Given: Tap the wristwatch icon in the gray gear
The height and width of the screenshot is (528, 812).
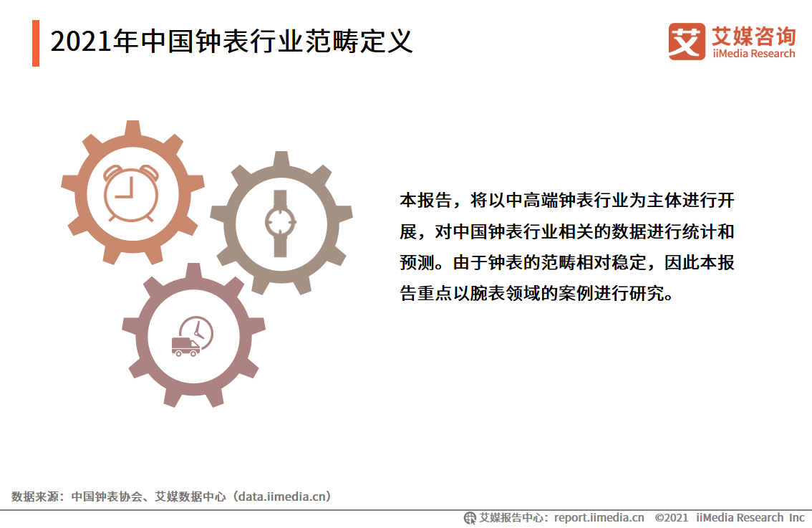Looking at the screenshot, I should [280, 223].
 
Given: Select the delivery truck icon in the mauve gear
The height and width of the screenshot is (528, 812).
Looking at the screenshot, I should [185, 346].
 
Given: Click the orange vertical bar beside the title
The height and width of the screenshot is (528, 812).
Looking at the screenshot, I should [35, 43].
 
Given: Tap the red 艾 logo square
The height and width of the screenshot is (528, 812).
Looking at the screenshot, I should [686, 42].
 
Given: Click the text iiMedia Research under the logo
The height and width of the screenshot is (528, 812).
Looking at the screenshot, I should [753, 54].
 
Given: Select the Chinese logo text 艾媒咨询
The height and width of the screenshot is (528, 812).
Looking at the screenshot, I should [753, 35].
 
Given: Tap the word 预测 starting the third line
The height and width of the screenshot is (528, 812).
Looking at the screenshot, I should [416, 262].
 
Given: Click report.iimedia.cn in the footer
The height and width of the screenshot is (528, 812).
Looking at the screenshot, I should [599, 517].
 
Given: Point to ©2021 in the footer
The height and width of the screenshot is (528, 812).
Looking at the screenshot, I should [671, 517].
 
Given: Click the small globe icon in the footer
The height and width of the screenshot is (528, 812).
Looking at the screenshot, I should [470, 517].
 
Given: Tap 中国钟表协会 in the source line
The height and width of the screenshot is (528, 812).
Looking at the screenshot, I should [104, 496].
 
